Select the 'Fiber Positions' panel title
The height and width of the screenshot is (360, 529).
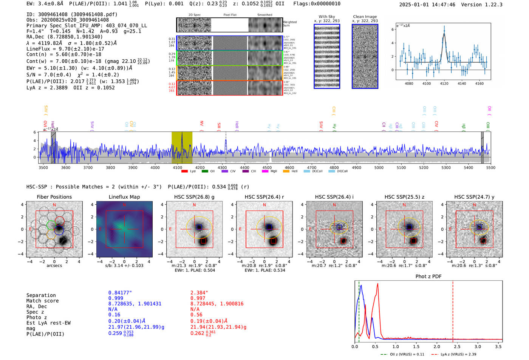point(54,197)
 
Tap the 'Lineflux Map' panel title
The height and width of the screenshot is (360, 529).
point(124,197)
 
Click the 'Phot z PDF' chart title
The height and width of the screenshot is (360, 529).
point(428,276)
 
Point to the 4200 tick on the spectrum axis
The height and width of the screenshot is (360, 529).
point(200,167)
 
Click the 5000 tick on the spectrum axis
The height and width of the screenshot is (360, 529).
point(379,167)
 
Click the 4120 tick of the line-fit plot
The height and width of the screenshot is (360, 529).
point(444,83)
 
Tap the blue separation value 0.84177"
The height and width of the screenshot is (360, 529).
point(120,293)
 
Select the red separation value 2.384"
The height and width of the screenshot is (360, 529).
point(199,293)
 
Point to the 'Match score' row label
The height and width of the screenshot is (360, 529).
point(42,301)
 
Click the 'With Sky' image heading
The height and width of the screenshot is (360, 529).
point(327,17)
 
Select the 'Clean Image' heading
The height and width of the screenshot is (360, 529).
point(365,17)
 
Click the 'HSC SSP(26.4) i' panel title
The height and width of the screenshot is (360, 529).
point(334,197)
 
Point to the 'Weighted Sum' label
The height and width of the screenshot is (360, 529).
point(290,24)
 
